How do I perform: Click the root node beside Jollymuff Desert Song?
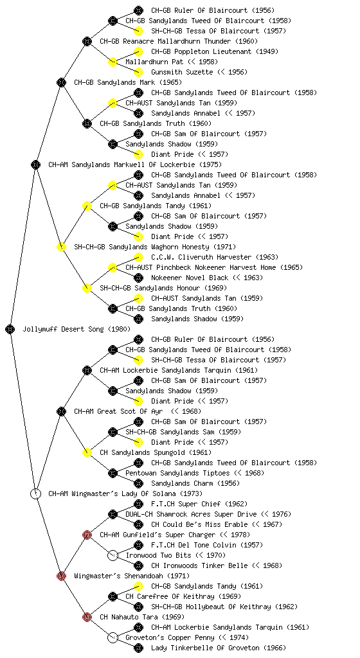pos(10,329)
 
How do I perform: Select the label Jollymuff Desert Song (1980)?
pos(76,329)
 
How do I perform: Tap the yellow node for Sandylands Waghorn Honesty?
pos(61,247)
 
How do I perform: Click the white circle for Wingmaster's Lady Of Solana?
pos(35,493)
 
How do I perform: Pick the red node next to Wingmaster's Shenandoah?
pos(61,576)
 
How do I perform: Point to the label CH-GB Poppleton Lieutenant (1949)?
pos(215,51)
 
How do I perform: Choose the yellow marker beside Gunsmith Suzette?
pos(138,72)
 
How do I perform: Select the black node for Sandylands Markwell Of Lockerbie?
pos(35,164)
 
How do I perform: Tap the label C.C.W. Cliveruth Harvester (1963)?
pos(215,257)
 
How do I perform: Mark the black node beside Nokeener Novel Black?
pos(138,278)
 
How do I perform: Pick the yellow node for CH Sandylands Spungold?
pos(87,452)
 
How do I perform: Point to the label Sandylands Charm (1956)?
pos(195,483)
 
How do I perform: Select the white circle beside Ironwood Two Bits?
pos(113,555)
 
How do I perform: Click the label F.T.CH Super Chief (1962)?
pos(199,504)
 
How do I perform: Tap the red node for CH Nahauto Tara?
pos(87,617)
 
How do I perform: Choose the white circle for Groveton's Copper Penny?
pos(113,637)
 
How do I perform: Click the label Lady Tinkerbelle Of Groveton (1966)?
pos(219,648)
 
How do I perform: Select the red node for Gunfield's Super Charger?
pos(87,535)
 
